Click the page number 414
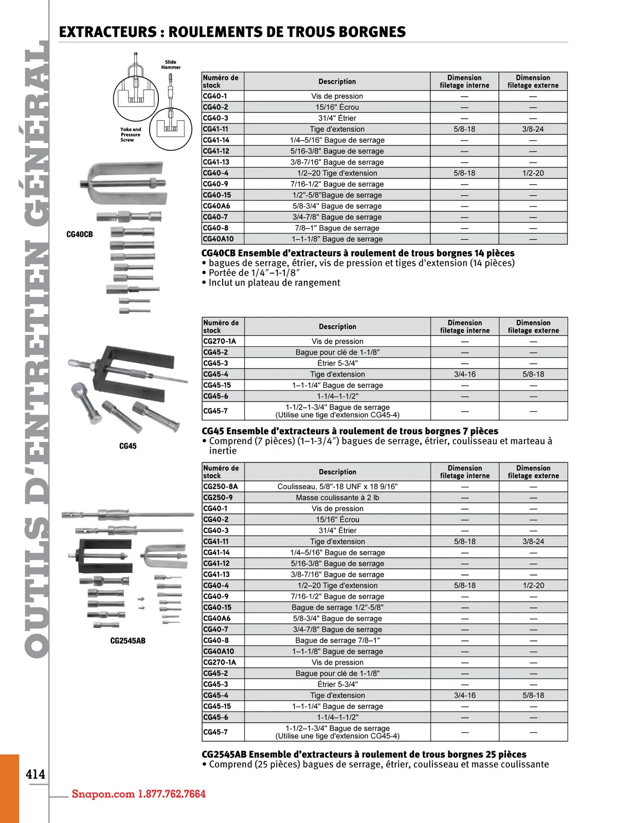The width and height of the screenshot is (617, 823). point(35,774)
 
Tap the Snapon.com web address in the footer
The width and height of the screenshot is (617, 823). point(103,794)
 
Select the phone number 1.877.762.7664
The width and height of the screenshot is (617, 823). point(172,794)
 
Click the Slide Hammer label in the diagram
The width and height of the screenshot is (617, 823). point(171,65)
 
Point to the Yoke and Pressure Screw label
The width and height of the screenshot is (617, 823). point(131,135)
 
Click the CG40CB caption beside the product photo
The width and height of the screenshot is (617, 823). point(80,235)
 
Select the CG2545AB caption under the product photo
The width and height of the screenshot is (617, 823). point(128,641)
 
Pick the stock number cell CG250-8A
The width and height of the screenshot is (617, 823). point(221,487)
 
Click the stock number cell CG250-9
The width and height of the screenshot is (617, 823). point(218,497)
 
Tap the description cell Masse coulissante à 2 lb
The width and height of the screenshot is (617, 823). point(337,497)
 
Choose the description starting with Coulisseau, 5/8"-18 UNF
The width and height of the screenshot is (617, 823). point(337,487)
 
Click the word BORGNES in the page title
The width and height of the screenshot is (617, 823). point(367,32)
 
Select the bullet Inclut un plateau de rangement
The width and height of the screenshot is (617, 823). point(274,282)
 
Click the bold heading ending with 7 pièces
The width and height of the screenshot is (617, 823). point(350,431)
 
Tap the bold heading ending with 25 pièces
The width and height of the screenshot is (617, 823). point(364,754)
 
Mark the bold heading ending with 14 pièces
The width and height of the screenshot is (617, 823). point(358,253)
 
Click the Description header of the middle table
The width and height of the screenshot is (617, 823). point(337,327)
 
